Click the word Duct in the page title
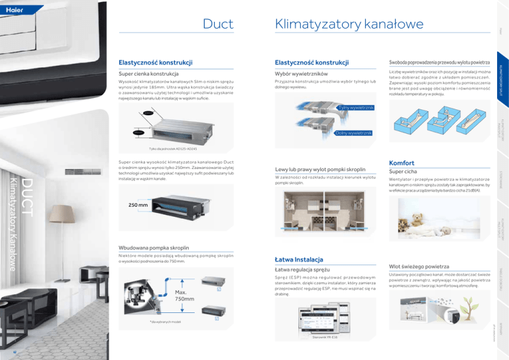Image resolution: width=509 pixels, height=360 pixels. coord(217,25)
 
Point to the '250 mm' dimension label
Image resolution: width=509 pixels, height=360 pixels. coord(139,206)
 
